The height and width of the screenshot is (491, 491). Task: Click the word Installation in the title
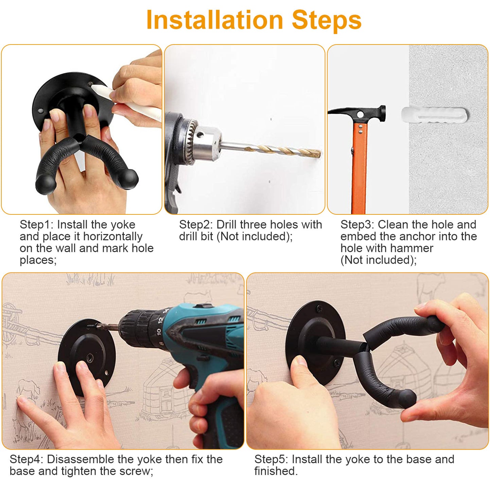click(x=214, y=20)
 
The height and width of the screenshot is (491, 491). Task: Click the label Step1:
click(x=36, y=225)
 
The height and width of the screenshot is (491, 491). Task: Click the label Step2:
click(x=196, y=225)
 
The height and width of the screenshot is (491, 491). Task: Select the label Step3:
click(x=357, y=225)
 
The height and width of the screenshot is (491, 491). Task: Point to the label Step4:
click(x=26, y=459)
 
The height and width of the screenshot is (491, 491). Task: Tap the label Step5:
click(x=271, y=459)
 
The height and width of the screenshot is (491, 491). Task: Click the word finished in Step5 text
click(x=276, y=471)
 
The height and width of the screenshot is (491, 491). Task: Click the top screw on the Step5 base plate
click(x=320, y=309)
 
